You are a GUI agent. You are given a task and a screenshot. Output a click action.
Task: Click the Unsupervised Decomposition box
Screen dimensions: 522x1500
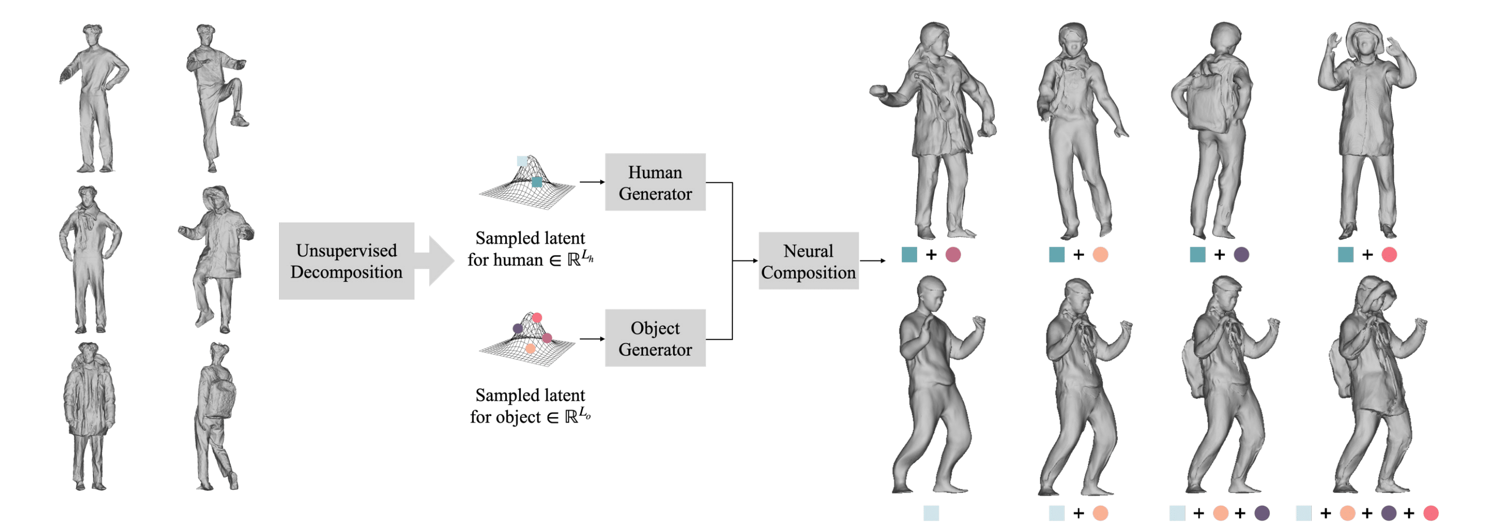click(346, 261)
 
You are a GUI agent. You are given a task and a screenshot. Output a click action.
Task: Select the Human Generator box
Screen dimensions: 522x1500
click(655, 182)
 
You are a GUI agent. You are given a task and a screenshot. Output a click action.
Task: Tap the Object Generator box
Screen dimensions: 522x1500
click(655, 338)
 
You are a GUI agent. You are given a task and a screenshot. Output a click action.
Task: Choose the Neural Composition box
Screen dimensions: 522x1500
click(808, 261)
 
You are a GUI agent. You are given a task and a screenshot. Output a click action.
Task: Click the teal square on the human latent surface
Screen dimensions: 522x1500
click(537, 182)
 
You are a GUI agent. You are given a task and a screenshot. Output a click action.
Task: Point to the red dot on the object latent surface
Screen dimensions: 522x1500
click(537, 317)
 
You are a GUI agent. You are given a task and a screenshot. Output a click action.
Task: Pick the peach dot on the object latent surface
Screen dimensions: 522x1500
click(530, 348)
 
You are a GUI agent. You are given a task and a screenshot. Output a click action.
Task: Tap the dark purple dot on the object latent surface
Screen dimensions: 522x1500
click(517, 329)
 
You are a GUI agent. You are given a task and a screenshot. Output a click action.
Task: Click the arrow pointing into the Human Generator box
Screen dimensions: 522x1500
click(592, 182)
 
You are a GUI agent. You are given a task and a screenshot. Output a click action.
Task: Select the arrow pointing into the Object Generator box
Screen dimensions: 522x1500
click(592, 339)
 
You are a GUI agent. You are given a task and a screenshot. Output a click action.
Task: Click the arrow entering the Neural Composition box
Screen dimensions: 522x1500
click(745, 261)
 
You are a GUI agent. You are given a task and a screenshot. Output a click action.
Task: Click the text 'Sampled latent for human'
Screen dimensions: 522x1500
click(530, 249)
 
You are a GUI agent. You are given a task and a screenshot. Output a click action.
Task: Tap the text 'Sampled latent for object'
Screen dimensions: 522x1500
click(530, 406)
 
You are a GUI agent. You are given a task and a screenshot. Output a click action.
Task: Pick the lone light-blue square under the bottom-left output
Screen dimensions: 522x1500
click(931, 513)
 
